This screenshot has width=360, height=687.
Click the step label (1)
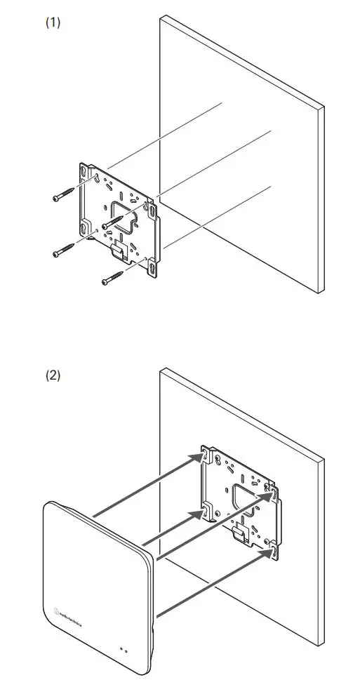tap(53, 22)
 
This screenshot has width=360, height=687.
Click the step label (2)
tap(53, 375)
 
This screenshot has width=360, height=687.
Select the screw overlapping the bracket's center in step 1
tap(114, 221)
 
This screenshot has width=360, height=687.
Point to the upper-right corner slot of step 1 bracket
tap(153, 209)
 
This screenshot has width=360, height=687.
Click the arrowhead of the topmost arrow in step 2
tap(201, 457)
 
